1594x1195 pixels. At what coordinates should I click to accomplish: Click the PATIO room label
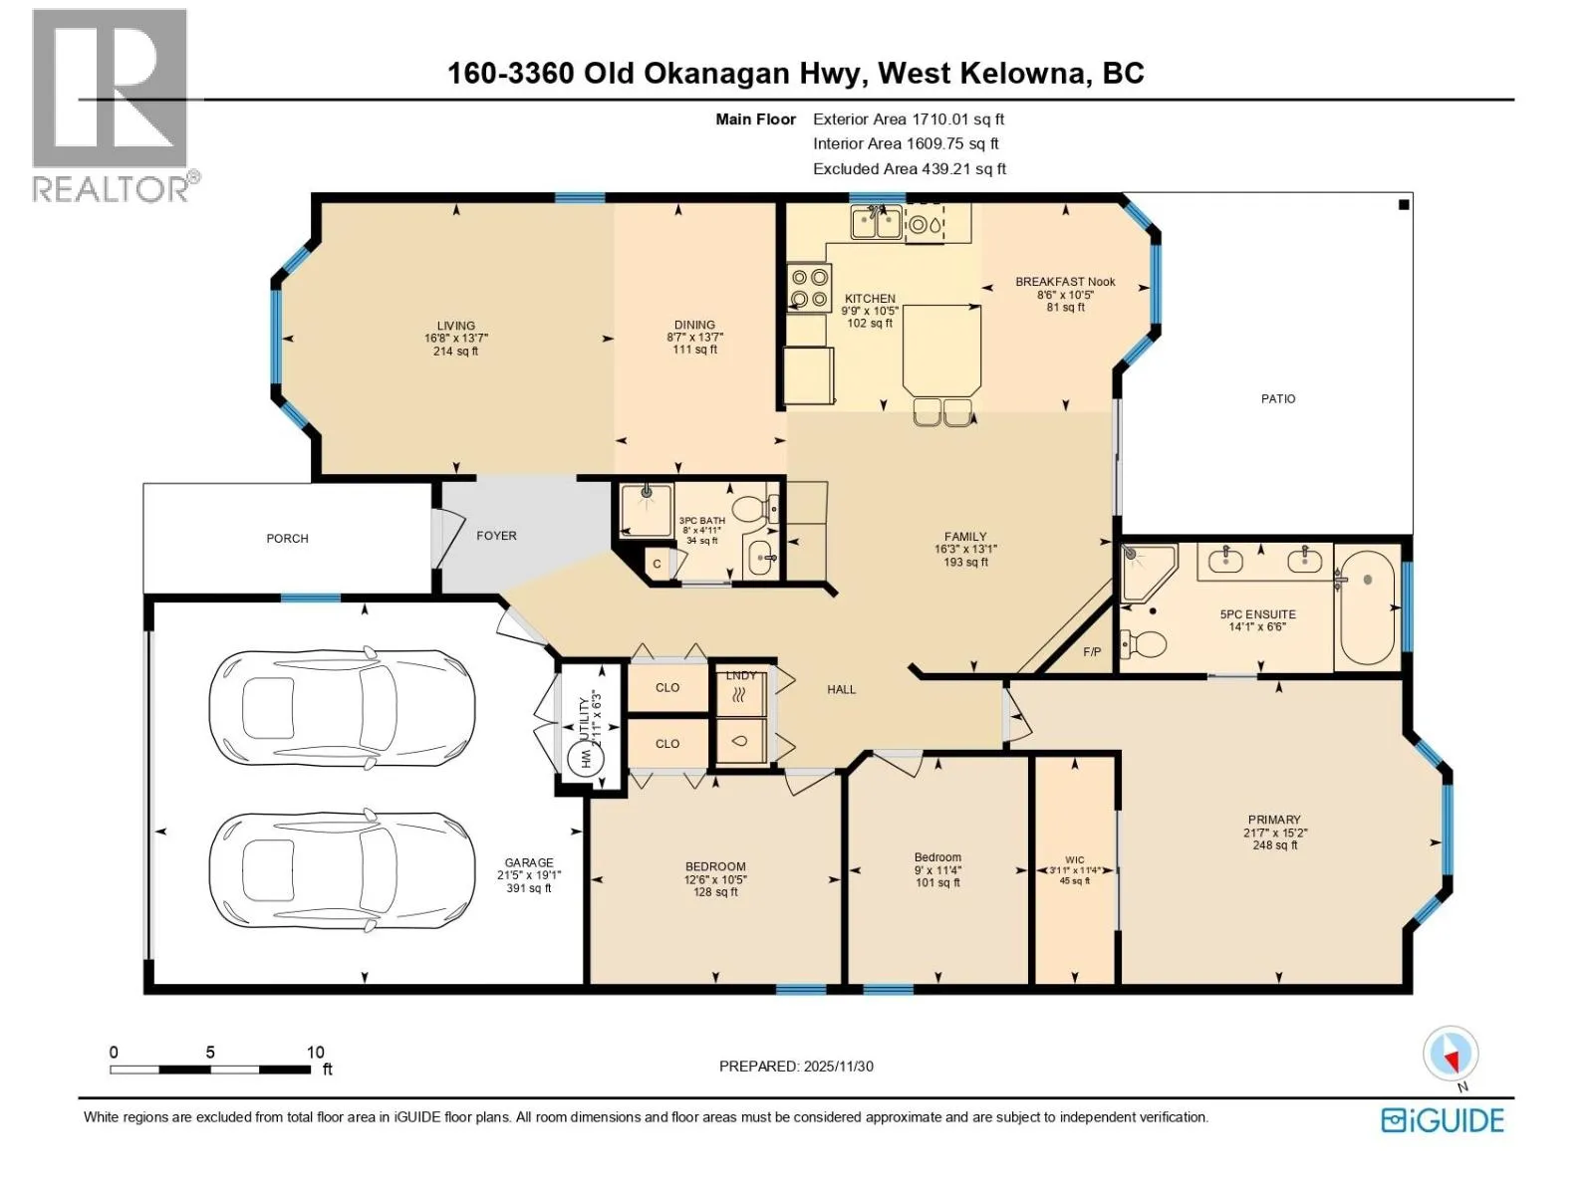1277,398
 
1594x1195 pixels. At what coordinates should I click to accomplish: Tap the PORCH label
287,539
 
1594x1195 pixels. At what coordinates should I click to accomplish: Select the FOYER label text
496,536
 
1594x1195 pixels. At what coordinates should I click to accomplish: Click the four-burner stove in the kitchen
810,288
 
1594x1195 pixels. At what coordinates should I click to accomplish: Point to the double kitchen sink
876,222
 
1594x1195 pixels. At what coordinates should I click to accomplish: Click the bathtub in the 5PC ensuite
1367,607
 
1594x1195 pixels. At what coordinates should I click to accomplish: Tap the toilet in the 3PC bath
754,509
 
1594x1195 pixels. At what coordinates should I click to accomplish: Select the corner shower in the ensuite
1148,574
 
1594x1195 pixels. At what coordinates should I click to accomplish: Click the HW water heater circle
586,760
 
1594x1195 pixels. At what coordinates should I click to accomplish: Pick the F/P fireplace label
1092,651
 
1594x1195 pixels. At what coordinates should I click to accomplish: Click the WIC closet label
1074,859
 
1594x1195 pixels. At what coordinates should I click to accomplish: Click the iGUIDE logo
1443,1120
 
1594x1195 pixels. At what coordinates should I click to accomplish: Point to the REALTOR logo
114,106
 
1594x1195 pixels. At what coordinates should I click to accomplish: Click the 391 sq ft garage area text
529,887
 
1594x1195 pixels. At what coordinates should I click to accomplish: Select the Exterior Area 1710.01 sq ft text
909,119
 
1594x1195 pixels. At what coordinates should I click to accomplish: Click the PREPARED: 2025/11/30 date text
796,1066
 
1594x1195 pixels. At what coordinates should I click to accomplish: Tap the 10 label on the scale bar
315,1052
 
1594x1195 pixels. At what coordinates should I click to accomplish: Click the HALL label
841,689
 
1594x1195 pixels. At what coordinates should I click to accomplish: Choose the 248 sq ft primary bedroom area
1274,844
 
